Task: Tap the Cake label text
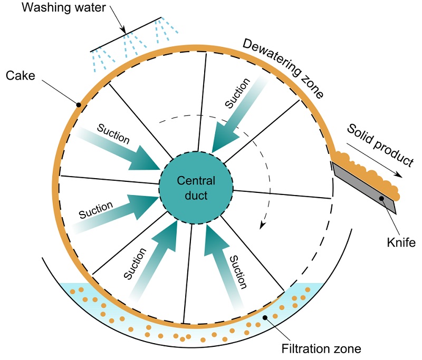tap(20, 75)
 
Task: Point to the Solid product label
tap(379, 143)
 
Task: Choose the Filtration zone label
tap(321, 348)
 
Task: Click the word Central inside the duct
tap(196, 181)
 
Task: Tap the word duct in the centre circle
tap(196, 196)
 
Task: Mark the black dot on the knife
tap(381, 199)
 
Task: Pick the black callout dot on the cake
tap(79, 104)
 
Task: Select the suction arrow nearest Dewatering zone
tap(236, 114)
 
